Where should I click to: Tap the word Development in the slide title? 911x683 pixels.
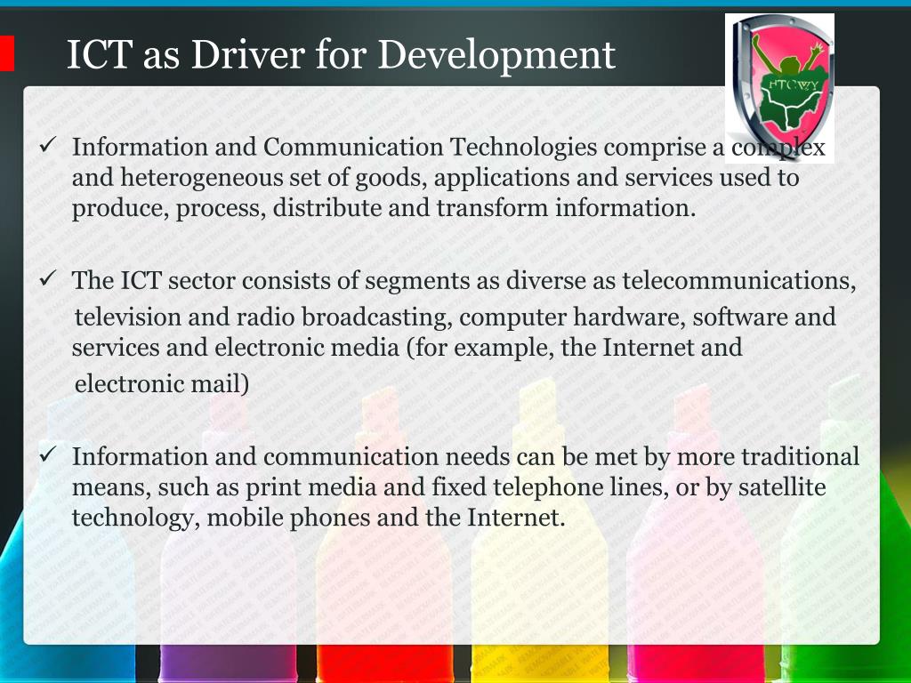496,56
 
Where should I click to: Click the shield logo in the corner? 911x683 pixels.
779,87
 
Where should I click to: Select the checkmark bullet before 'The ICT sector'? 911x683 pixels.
50,279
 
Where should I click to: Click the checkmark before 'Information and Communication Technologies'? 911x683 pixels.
50,145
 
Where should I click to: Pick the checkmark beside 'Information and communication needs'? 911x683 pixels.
50,455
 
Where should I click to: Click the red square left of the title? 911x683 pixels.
6,53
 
